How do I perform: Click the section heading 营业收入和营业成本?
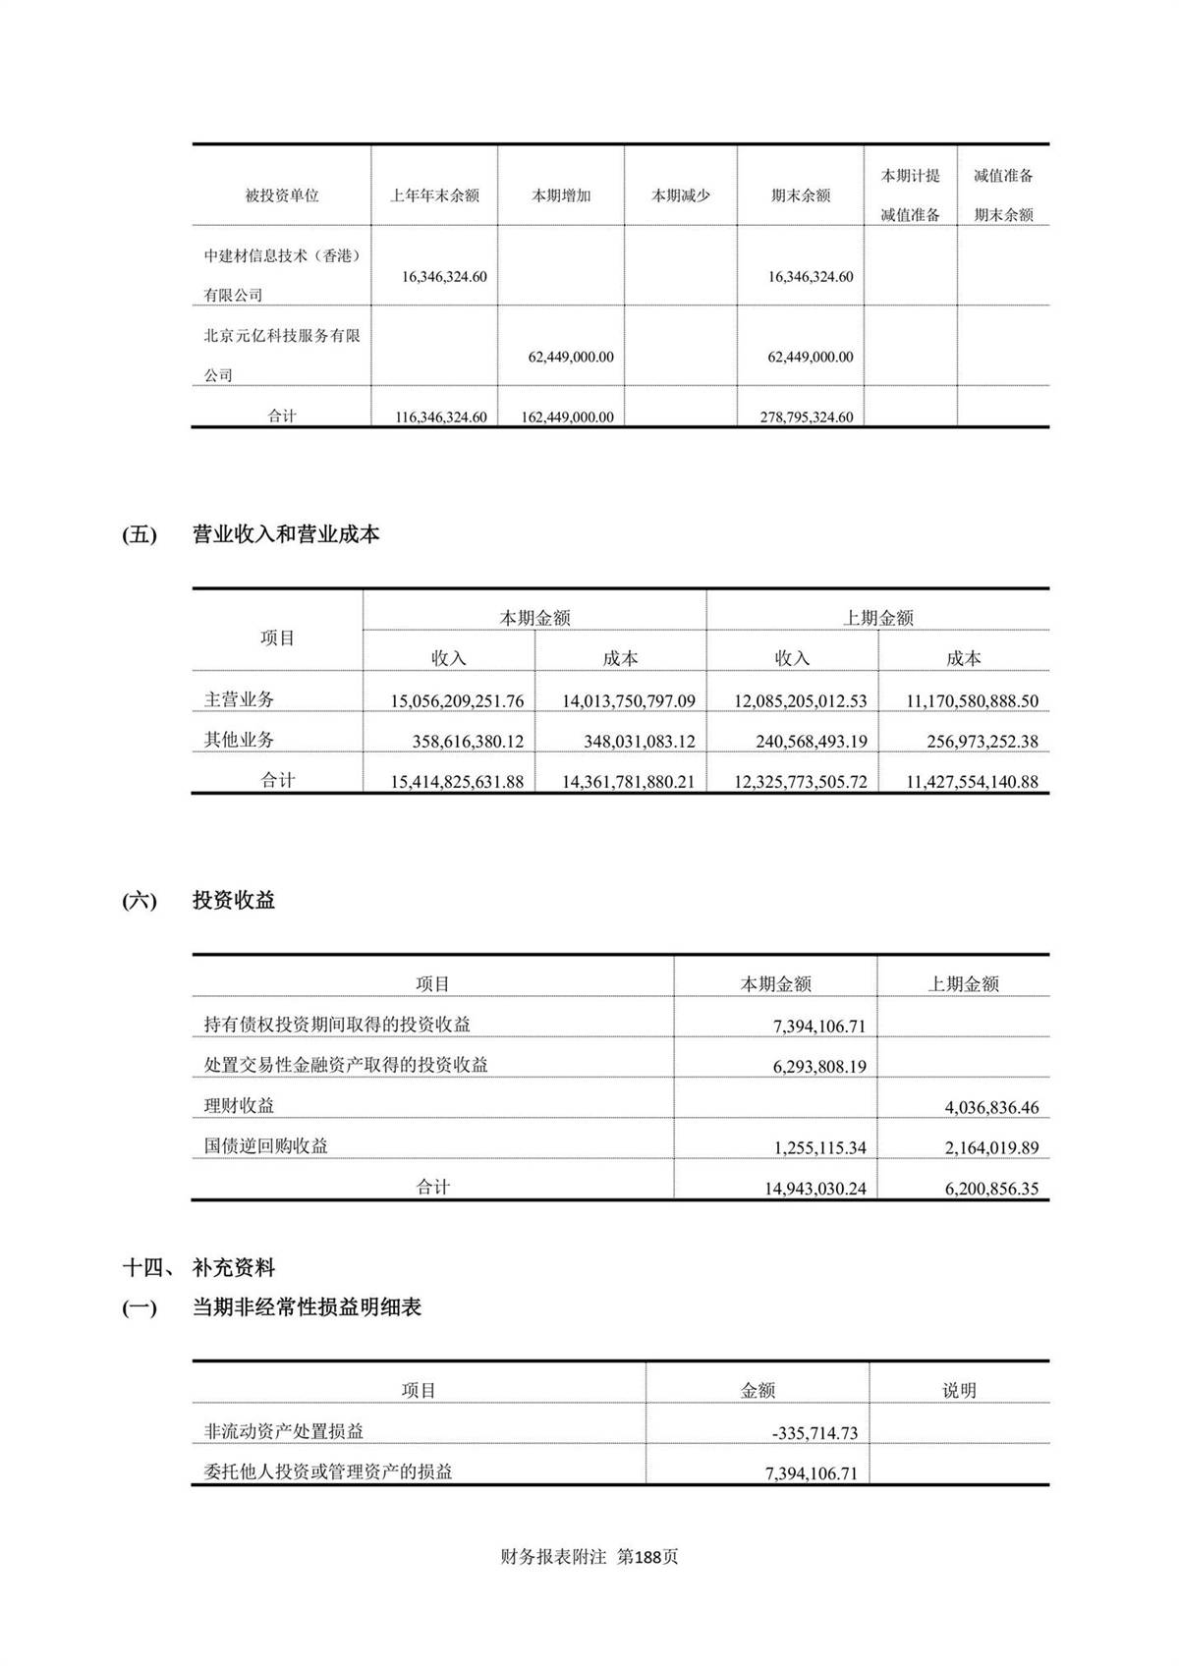point(286,535)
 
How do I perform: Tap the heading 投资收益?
point(234,901)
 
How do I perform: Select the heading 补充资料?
point(234,1268)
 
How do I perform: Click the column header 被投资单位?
point(282,195)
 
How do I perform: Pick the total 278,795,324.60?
point(806,416)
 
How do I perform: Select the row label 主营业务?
point(239,699)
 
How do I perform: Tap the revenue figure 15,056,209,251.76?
point(457,701)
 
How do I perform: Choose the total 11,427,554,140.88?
point(972,782)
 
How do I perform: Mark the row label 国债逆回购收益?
point(266,1145)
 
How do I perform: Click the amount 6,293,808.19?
point(819,1066)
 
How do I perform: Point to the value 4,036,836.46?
point(991,1107)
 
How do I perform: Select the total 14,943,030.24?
point(814,1189)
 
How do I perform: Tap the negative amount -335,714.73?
point(814,1433)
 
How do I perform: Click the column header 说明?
point(959,1390)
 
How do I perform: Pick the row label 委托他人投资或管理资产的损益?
point(328,1472)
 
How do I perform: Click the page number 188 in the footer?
point(648,1557)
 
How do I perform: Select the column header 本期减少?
point(681,195)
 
